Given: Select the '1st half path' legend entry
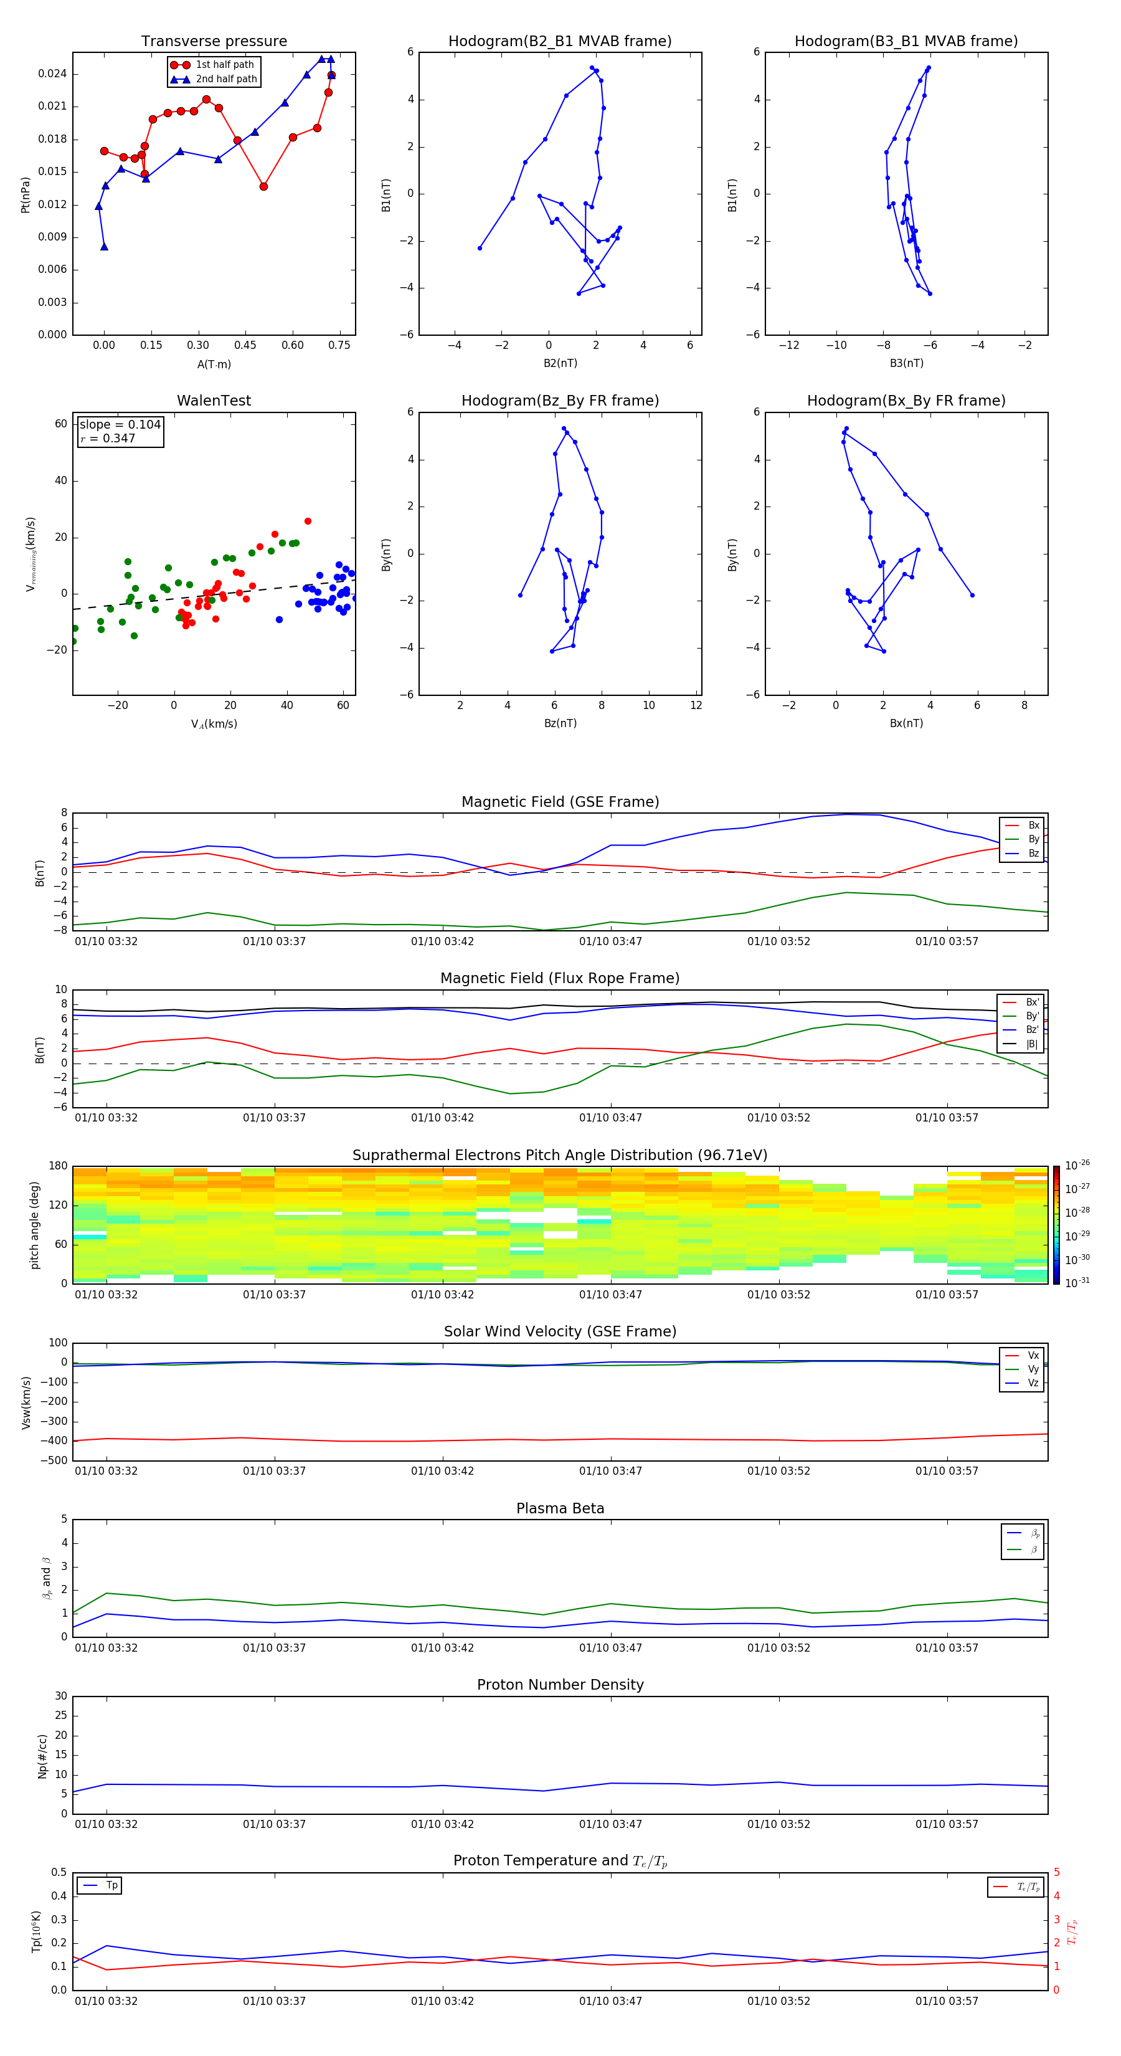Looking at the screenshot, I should pos(224,65).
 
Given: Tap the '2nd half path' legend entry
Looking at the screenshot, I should pos(226,79).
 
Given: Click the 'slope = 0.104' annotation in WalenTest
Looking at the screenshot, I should pos(120,425).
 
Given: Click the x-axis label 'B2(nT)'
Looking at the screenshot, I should pos(560,363).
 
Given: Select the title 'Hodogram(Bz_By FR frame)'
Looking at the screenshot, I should pos(560,401).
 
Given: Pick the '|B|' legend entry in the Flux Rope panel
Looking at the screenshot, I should pos(1032,1044).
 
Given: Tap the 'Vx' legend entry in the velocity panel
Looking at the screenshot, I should pos(1033,1355).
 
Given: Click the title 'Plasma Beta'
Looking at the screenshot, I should pos(560,1508).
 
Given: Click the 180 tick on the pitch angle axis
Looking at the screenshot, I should pos(59,1166).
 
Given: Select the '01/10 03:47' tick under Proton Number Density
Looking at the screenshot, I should pos(610,1824).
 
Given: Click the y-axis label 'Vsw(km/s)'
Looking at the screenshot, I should pos(26,1402).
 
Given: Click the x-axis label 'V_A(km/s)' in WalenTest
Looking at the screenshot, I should pos(214,724).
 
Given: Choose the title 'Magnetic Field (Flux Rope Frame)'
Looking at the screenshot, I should pos(560,979).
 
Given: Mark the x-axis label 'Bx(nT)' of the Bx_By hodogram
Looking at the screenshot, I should pos(906,723).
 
